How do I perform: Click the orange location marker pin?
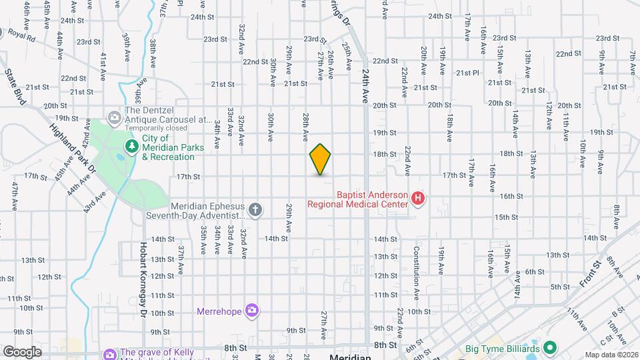pyautogui.click(x=321, y=159)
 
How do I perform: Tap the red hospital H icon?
pyautogui.click(x=418, y=199)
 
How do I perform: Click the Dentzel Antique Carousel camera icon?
pyautogui.click(x=114, y=117)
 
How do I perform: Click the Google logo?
pyautogui.click(x=23, y=351)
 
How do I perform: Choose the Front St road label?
pyautogui.click(x=590, y=274)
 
